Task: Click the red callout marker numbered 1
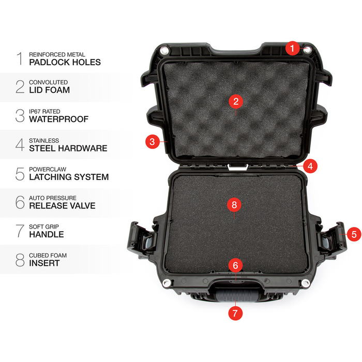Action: click(292, 49)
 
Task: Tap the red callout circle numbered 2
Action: click(235, 101)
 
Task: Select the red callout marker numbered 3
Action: click(152, 141)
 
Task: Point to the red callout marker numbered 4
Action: click(309, 167)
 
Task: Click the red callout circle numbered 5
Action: click(354, 234)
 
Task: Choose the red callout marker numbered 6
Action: click(235, 266)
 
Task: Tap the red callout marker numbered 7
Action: click(235, 312)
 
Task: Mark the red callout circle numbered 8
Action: click(234, 205)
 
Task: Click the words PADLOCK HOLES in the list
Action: click(65, 63)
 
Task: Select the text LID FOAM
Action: click(49, 90)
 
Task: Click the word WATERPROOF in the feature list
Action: click(58, 119)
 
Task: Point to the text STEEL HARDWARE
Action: click(68, 148)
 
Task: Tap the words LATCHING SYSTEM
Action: click(69, 177)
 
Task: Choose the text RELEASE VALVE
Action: click(62, 206)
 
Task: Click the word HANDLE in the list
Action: click(46, 234)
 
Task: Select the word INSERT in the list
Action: click(44, 263)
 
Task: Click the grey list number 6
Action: click(20, 202)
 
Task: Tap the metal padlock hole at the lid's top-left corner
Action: click(164, 50)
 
